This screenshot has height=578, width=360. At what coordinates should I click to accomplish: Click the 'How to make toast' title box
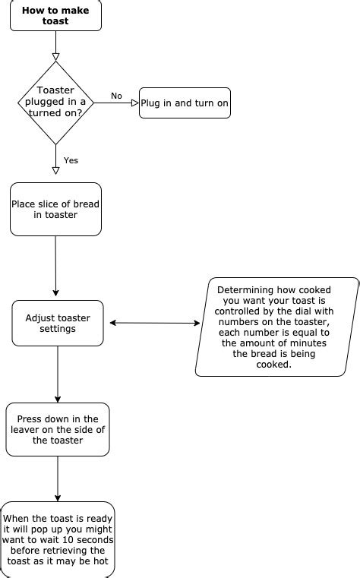[x=55, y=16]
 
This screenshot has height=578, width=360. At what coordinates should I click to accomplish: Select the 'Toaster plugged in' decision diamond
[x=55, y=103]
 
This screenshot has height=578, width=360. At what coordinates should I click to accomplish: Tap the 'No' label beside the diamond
[x=116, y=96]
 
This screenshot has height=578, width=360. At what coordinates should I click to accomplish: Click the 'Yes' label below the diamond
[x=71, y=160]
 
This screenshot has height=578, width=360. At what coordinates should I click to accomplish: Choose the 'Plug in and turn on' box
[x=185, y=103]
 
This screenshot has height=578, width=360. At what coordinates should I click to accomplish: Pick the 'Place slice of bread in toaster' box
[x=55, y=209]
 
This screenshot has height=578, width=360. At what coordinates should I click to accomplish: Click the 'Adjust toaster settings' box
[x=58, y=324]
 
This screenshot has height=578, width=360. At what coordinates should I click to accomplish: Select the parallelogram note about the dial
[x=277, y=327]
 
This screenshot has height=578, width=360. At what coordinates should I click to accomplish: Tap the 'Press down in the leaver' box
[x=58, y=429]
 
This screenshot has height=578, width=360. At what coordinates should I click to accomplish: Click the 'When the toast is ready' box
[x=58, y=540]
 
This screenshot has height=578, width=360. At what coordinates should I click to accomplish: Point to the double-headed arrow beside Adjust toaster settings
[x=155, y=324]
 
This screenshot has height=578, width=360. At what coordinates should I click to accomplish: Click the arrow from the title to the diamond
[x=55, y=46]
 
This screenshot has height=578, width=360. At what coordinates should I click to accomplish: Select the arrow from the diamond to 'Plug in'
[x=116, y=103]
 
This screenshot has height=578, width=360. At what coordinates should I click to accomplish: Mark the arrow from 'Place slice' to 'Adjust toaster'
[x=56, y=266]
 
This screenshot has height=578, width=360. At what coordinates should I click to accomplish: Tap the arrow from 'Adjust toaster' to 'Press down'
[x=58, y=374]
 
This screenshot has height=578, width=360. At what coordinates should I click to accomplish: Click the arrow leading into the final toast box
[x=58, y=479]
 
